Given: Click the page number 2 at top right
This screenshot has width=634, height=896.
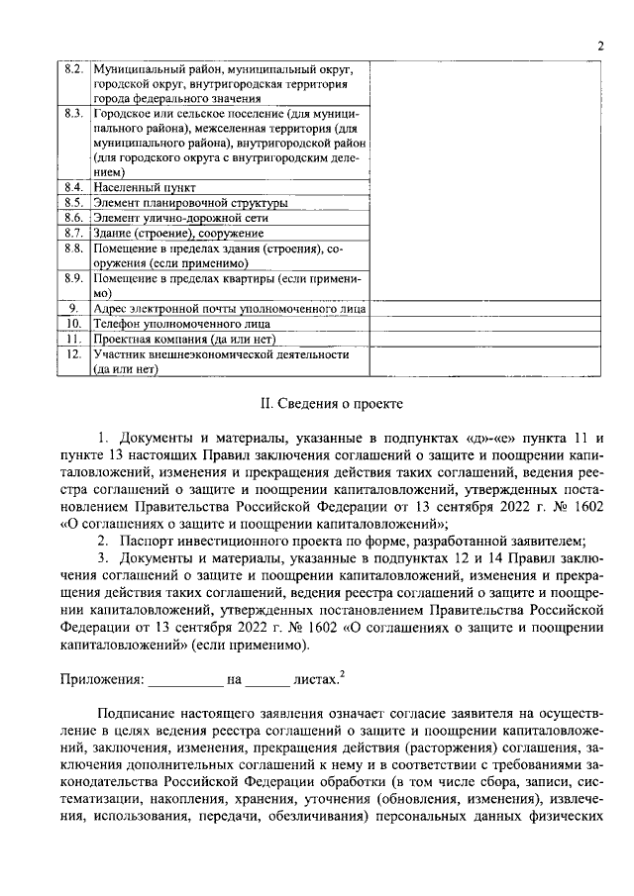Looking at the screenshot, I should click(x=600, y=46).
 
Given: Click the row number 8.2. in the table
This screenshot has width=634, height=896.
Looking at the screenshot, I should click(x=72, y=70).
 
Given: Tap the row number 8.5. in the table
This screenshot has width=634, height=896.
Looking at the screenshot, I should click(x=72, y=202).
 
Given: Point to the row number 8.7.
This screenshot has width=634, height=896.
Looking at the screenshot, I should click(x=72, y=232).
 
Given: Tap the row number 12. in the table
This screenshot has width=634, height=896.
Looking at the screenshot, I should click(x=72, y=353).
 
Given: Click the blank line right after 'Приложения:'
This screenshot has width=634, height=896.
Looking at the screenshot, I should click(x=186, y=682).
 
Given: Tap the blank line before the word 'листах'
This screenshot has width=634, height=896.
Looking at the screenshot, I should click(x=267, y=682).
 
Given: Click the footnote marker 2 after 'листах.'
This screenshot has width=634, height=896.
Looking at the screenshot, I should click(x=342, y=675).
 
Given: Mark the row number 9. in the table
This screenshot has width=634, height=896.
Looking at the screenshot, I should click(x=72, y=309).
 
